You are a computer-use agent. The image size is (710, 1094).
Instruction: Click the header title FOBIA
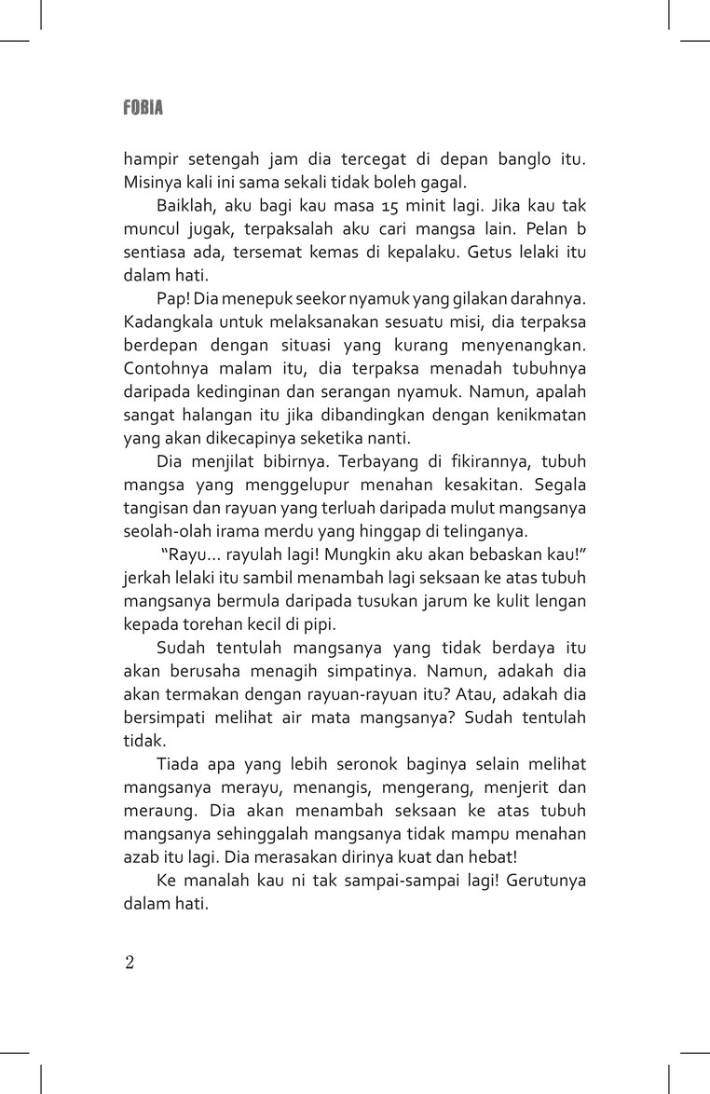[x=143, y=108]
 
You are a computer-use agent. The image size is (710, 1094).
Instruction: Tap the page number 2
[x=130, y=962]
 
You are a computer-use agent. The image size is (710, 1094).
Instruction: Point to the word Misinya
[x=154, y=183]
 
